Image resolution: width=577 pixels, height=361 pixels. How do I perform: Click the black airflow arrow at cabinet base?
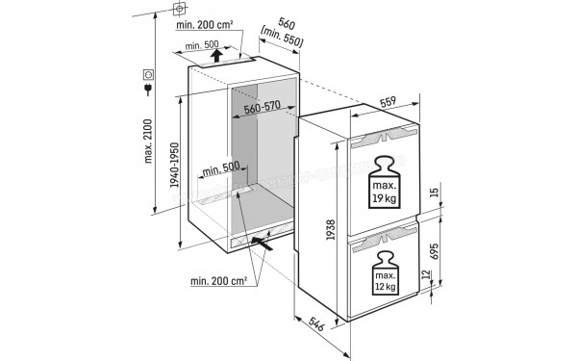[272, 245]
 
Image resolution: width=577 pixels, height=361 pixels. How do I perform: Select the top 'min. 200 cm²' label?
[210, 26]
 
